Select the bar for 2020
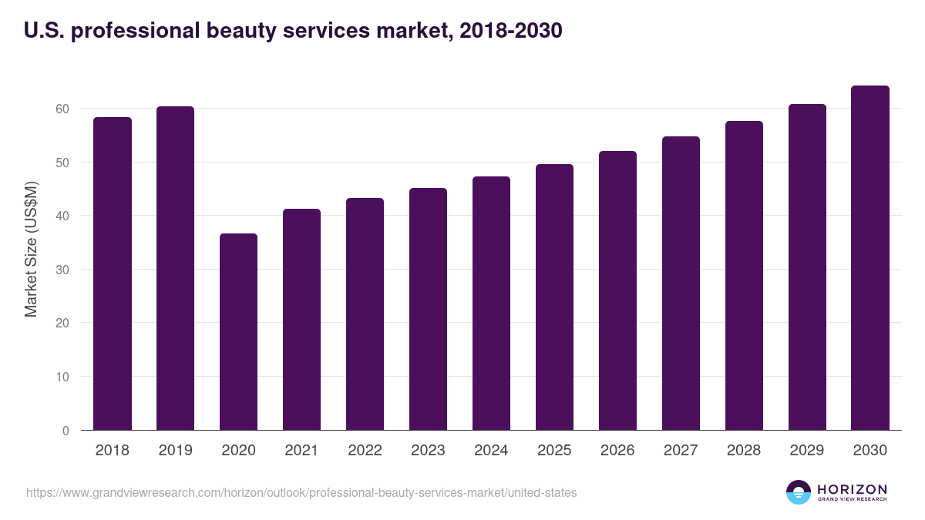point(238,331)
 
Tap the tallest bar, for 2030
point(869,258)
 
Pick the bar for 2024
point(491,304)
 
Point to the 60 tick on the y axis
point(62,109)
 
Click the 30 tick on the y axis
point(62,270)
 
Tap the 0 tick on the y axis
point(66,431)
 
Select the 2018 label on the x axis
point(113,451)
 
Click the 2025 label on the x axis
point(554,451)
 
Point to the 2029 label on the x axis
point(807,451)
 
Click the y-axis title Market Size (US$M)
point(31,249)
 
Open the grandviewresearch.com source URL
point(301,492)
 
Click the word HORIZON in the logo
point(852,488)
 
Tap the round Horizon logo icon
point(799,492)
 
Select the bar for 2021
point(301,319)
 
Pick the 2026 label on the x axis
point(617,451)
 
